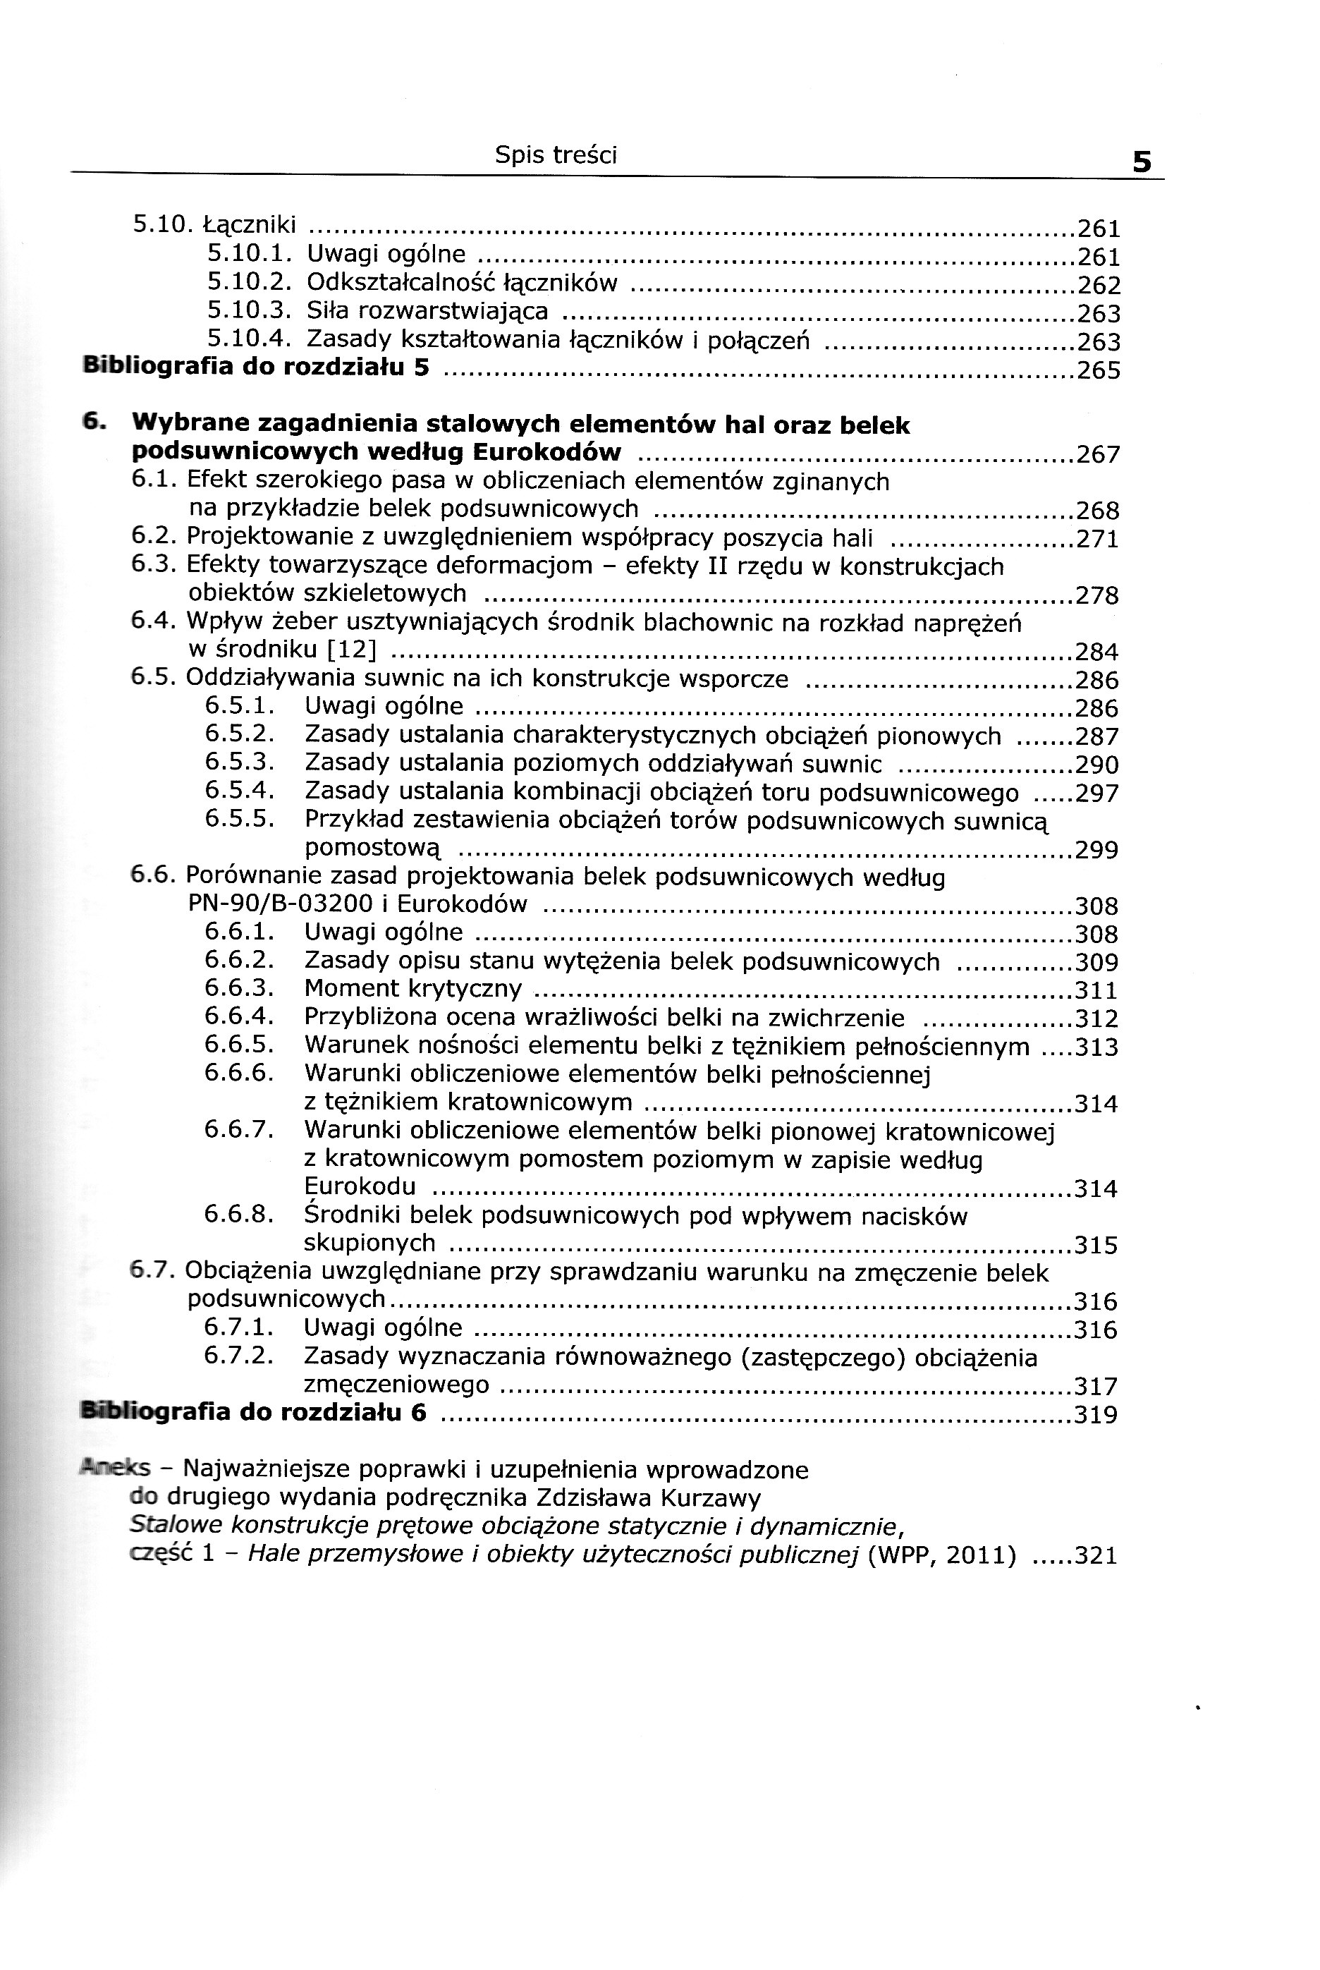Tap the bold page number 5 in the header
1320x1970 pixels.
pyautogui.click(x=1142, y=161)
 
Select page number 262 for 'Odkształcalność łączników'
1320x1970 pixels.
pyautogui.click(x=1099, y=286)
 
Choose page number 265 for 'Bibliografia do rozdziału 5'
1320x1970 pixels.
pyautogui.click(x=1099, y=370)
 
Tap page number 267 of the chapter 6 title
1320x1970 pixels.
pyautogui.click(x=1099, y=456)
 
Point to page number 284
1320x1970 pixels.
pyautogui.click(x=1097, y=652)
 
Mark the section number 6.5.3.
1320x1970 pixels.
pyautogui.click(x=240, y=762)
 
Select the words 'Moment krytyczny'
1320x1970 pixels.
pyautogui.click(x=412, y=988)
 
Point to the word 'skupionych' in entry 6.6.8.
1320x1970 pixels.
pyautogui.click(x=369, y=1243)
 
